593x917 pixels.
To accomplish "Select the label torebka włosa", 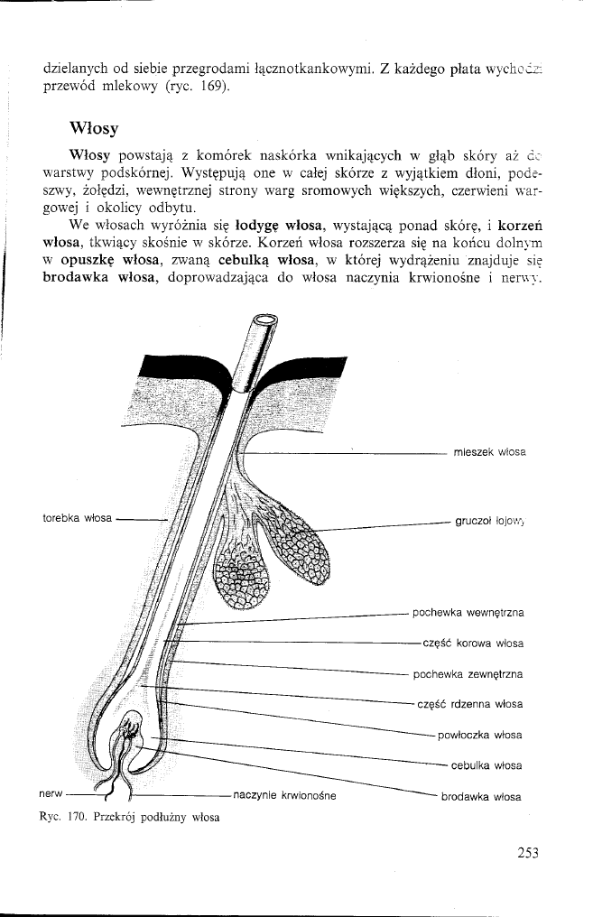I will pyautogui.click(x=78, y=518).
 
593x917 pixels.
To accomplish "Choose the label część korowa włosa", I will pyautogui.click(x=473, y=644).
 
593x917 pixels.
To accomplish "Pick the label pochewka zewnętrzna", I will pyautogui.click(x=468, y=673).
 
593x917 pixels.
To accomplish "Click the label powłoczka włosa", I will pyautogui.click(x=480, y=735).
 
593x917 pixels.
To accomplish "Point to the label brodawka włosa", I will pyautogui.click(x=482, y=797).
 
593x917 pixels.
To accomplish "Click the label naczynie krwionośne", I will pyautogui.click(x=284, y=795).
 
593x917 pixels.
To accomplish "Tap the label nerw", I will pyautogui.click(x=51, y=794).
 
